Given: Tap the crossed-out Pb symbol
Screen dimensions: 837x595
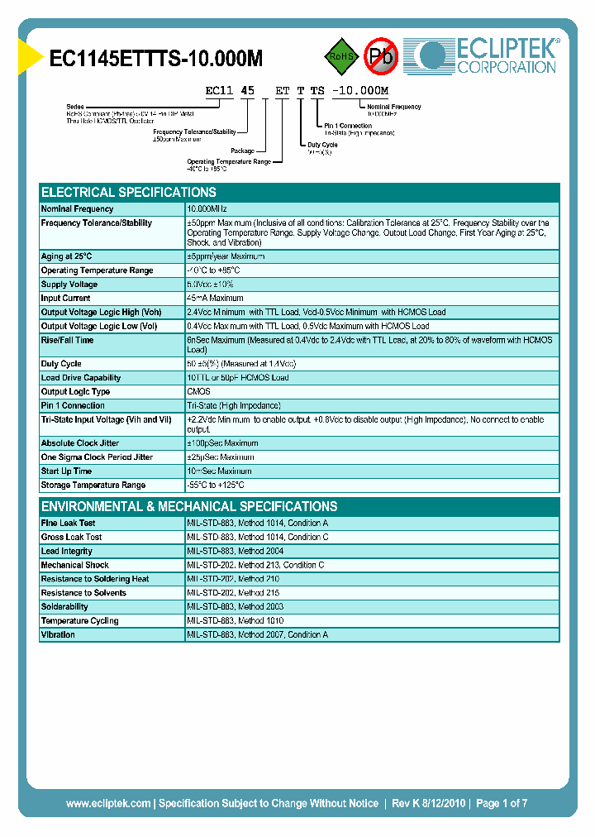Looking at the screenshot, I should pos(381,56).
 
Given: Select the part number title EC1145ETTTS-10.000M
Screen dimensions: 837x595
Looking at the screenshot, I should pos(156,58).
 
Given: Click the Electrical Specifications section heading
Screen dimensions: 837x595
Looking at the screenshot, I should pos(128,192).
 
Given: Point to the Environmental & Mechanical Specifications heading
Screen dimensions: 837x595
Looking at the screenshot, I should pos(188,506).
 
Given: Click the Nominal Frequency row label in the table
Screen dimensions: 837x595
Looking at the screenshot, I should pos(77,209).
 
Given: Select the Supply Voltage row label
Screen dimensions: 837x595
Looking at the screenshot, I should pos(69,285).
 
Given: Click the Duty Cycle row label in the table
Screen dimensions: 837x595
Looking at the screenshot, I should pos(61,364).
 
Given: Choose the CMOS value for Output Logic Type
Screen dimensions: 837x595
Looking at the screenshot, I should pos(198,392).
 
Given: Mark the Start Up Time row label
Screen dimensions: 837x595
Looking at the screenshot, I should pos(66,471).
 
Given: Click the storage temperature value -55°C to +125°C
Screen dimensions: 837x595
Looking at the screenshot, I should pos(216,485).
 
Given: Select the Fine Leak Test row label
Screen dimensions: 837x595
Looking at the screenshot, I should pos(68,524).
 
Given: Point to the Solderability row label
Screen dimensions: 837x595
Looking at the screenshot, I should pos(64,607).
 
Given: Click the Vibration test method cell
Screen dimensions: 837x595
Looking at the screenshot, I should pos(258,635).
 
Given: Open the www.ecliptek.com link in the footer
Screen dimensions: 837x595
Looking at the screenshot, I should pos(107,803).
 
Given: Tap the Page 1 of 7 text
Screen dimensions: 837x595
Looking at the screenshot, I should pos(502,803).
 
